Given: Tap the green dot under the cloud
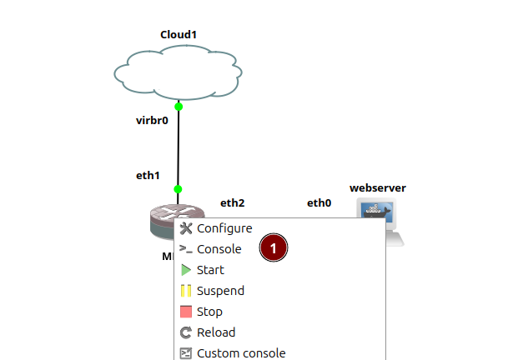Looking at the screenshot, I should coord(179,107).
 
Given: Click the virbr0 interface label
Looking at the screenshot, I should coord(152,120).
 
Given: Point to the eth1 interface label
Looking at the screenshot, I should coord(148,176).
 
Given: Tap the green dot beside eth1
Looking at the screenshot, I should coord(179,189).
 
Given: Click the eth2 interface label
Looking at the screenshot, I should coord(232,202).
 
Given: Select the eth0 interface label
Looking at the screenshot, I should coord(319,202).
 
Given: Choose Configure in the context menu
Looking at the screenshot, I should coord(224,228).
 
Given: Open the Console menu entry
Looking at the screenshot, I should coord(219,249).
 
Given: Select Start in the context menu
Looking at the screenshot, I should coord(210,270).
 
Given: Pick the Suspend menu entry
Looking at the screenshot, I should coord(220,291).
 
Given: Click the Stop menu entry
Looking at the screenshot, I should coord(209,312).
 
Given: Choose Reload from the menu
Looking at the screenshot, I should coord(214,332).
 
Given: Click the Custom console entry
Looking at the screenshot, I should coord(241,352).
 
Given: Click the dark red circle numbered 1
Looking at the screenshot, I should coord(274,247).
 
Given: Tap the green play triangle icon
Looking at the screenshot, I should coord(186,270).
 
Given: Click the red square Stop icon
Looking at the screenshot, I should coord(186,312).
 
